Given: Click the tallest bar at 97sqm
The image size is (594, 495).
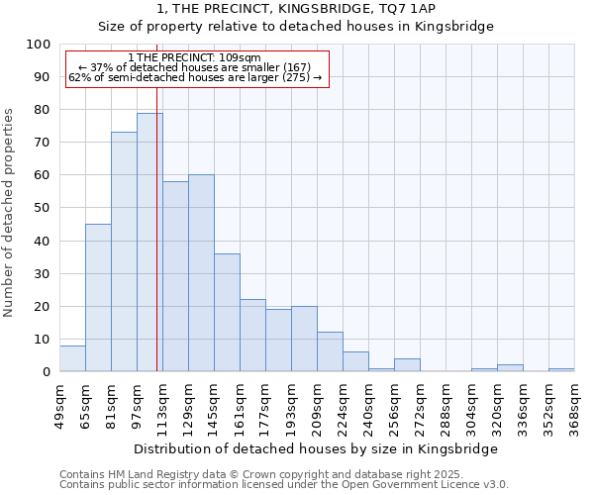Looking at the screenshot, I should (x=148, y=243).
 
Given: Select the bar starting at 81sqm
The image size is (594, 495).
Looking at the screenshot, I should (x=124, y=252).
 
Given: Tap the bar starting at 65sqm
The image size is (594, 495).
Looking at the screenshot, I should (x=98, y=297).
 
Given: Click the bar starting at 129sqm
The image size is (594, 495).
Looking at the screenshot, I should (x=201, y=273).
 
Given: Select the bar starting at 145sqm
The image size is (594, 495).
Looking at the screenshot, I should (x=227, y=313).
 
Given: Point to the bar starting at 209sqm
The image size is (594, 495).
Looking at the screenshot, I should (x=330, y=352).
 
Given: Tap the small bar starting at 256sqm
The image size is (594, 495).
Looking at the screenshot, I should (x=407, y=365).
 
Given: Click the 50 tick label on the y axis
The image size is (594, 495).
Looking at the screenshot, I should (x=42, y=209).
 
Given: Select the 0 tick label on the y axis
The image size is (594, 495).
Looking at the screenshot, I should (x=46, y=372).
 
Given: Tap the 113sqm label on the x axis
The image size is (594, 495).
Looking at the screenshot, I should (x=162, y=406).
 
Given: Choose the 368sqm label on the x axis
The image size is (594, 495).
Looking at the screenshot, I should (x=574, y=406).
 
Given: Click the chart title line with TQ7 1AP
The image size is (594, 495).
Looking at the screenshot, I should (x=296, y=8).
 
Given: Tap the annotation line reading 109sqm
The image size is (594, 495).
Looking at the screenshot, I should (x=195, y=58).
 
